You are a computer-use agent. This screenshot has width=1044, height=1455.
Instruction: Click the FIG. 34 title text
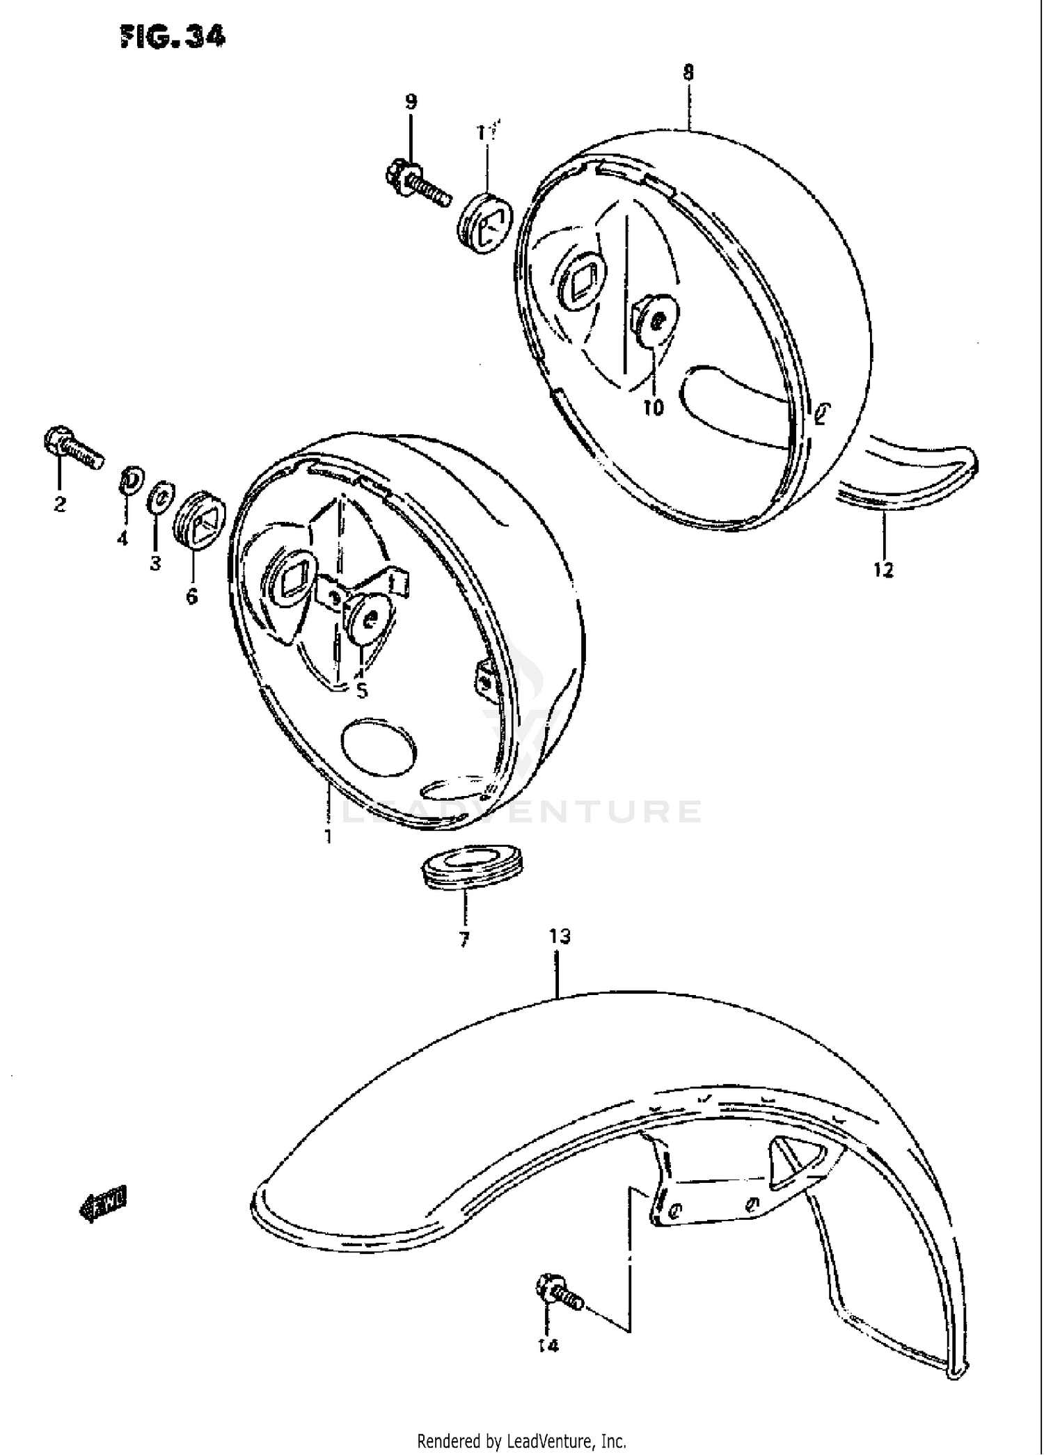click(173, 38)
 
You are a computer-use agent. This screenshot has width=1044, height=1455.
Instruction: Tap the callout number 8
click(688, 72)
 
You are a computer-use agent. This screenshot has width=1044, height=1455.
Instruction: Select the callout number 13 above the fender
click(560, 937)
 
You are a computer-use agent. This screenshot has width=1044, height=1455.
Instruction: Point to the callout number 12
click(883, 571)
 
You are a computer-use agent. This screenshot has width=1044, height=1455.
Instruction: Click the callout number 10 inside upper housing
click(654, 408)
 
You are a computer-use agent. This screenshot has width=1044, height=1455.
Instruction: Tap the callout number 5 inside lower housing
click(361, 692)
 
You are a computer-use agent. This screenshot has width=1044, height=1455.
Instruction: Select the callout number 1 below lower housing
click(327, 836)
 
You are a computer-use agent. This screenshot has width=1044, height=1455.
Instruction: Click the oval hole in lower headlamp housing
click(379, 747)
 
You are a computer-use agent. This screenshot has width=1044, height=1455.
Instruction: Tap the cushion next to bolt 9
click(485, 224)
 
